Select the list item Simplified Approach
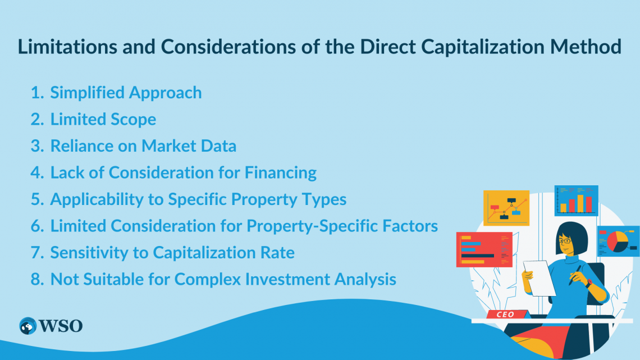126,93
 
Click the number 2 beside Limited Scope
36,120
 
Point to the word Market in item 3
168,146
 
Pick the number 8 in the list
36,279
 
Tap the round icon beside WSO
28,326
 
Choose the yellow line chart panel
506,207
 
